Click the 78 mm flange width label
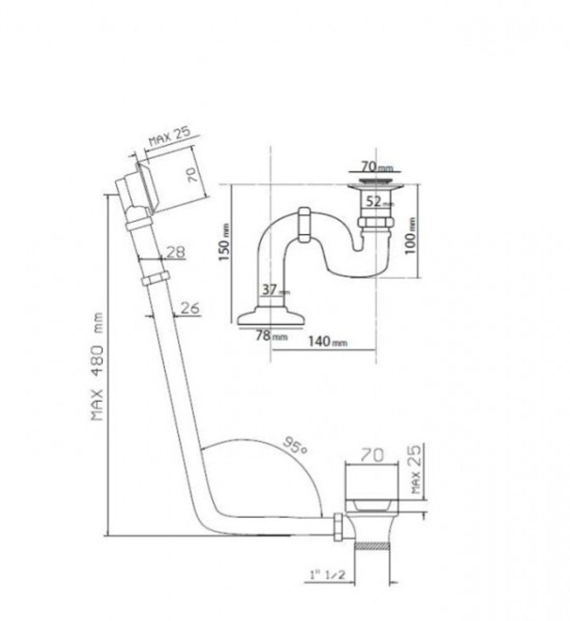coord(272,335)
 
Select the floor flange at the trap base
coord(271,317)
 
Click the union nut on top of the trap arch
coord(304,225)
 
